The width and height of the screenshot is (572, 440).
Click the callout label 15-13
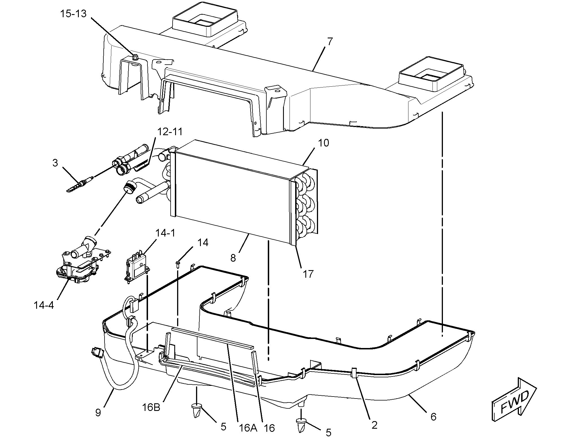point(73,14)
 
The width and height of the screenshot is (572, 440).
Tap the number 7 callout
point(330,41)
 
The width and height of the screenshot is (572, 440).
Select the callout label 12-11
point(170,132)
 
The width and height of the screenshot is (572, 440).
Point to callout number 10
point(323,143)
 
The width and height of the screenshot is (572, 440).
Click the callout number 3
point(55,163)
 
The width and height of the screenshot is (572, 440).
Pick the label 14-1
point(165,233)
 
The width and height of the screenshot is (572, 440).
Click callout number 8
point(233,258)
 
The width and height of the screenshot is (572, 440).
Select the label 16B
point(151,407)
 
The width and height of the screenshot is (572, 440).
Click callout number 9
point(98,413)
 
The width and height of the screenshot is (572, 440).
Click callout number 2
point(374,425)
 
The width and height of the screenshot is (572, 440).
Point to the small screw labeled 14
point(178,264)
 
